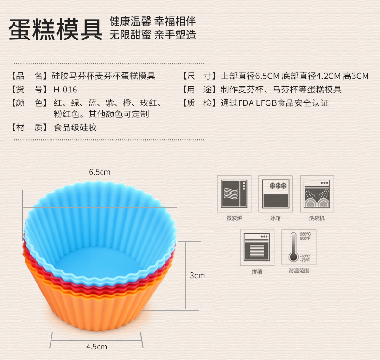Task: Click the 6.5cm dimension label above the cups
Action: [100, 172]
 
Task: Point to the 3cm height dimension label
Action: [197, 276]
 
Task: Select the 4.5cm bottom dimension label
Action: [97, 346]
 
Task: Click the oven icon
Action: [256, 246]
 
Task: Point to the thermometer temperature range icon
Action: [299, 246]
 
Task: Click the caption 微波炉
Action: [234, 218]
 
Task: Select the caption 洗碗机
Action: [317, 218]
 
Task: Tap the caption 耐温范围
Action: [299, 271]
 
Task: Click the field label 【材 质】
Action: [29, 128]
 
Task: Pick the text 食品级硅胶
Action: [75, 128]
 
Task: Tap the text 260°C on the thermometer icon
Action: [305, 234]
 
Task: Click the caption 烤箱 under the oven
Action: [256, 271]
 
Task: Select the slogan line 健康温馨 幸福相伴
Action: [152, 21]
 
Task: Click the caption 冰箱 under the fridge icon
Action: [276, 218]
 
